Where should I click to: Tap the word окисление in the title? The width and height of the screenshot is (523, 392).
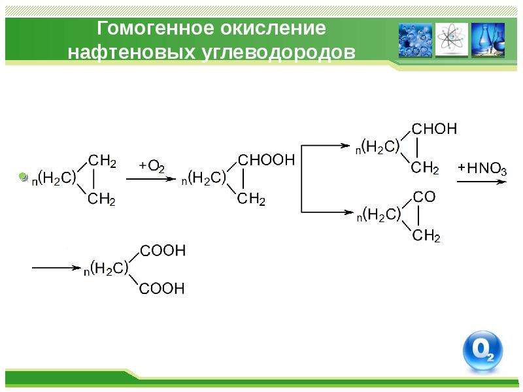(x=273, y=27)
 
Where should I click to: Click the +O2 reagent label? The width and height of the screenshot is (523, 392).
(x=152, y=166)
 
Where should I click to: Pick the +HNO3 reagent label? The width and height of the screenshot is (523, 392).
(x=482, y=169)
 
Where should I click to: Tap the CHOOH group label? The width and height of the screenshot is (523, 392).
(x=267, y=160)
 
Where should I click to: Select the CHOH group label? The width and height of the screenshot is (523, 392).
(x=434, y=129)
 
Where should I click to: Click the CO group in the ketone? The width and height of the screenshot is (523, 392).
(x=424, y=197)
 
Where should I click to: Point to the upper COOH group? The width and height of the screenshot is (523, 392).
(x=163, y=251)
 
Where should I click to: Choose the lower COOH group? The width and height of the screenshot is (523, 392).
(x=161, y=288)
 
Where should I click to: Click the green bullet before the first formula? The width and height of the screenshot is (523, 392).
(x=24, y=177)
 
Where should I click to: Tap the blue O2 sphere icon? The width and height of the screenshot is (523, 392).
(x=482, y=351)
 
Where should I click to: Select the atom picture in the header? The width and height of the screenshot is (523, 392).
(x=452, y=40)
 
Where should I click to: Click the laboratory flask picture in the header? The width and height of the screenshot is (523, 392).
(x=488, y=40)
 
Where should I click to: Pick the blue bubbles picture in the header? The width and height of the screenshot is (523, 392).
(x=415, y=40)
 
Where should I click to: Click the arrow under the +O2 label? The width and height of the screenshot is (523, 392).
(x=151, y=179)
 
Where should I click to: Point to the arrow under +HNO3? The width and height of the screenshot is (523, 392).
(x=482, y=182)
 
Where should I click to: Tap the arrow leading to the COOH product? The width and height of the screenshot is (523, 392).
(x=56, y=268)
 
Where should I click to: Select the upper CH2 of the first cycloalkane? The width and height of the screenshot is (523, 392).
(x=103, y=161)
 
